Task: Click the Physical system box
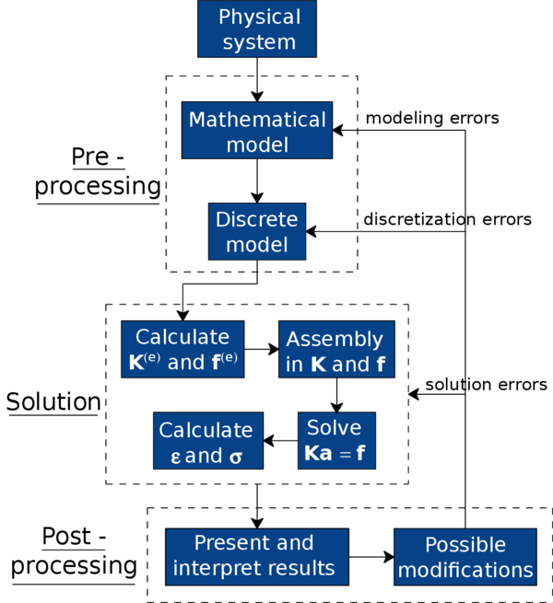point(257,29)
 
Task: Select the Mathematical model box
point(257,132)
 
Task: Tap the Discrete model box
point(257,232)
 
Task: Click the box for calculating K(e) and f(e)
point(182,350)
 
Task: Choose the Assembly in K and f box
point(336,350)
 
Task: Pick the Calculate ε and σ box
point(207,442)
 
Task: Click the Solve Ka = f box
point(336,441)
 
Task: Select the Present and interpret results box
point(256,556)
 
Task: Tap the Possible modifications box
point(465,557)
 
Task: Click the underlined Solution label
point(53,402)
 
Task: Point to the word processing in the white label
point(74,566)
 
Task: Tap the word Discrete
point(257,220)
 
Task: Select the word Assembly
point(335,339)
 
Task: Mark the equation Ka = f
point(335,453)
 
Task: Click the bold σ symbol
point(236,457)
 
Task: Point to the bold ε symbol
point(176,457)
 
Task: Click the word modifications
point(465,571)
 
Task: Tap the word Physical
point(259,17)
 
